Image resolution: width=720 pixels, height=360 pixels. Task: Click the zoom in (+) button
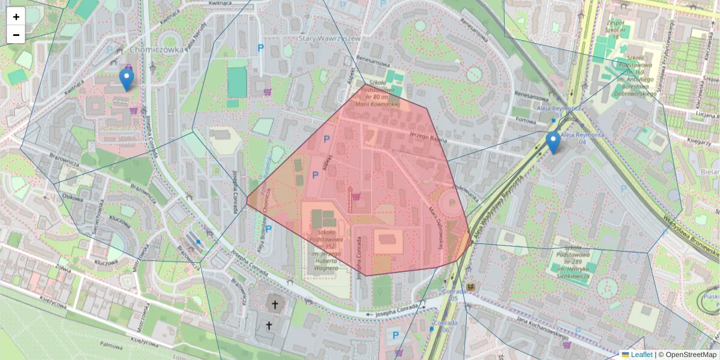[x=16, y=17]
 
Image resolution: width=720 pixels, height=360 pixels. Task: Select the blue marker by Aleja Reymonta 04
[x=553, y=143]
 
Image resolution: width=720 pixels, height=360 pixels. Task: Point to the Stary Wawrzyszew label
[x=329, y=38]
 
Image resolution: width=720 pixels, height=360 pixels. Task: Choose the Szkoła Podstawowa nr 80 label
[x=377, y=94]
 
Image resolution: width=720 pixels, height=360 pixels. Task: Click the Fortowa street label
[x=525, y=121]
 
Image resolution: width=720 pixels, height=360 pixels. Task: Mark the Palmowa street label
[x=111, y=345]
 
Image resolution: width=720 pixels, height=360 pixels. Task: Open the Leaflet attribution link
[x=641, y=355]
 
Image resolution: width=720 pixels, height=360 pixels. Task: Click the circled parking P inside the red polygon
[x=450, y=203]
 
